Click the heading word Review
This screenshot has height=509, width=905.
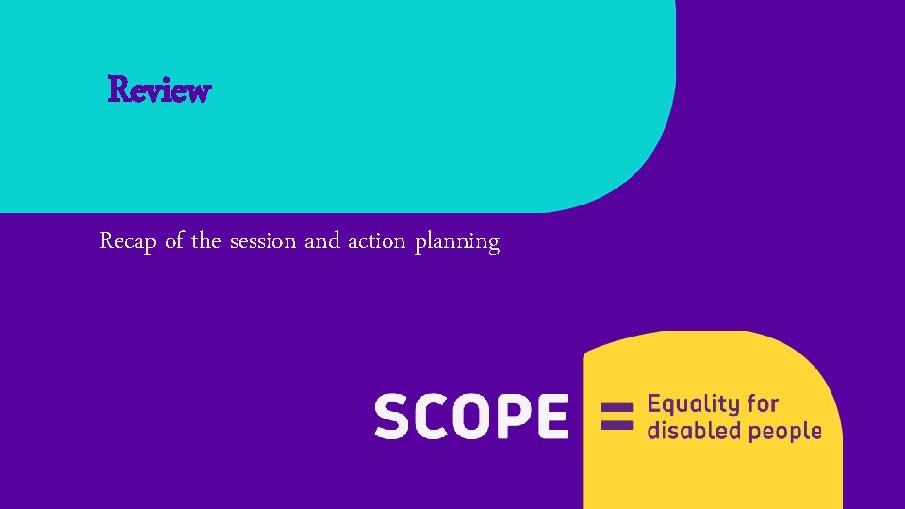[x=159, y=90]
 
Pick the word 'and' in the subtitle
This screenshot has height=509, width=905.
[x=322, y=241]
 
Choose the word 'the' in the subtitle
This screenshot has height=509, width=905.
[x=206, y=241]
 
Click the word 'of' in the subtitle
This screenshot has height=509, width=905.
[x=174, y=241]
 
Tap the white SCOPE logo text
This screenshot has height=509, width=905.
[x=471, y=417]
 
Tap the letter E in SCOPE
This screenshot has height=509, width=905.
[x=552, y=417]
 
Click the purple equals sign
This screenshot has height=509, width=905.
[x=616, y=417]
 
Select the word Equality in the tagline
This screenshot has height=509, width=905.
[x=693, y=405]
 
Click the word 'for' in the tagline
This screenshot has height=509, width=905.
[x=762, y=404]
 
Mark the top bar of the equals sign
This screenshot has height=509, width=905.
[x=616, y=409]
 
